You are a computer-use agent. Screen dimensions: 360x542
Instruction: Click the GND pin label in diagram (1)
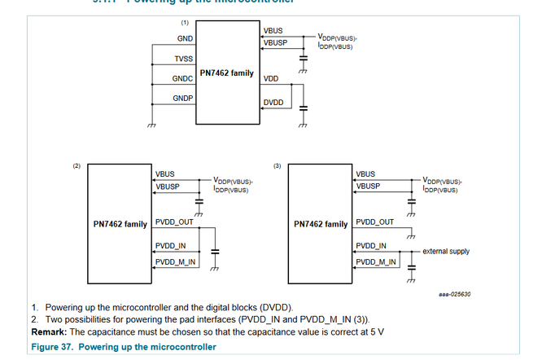point(185,39)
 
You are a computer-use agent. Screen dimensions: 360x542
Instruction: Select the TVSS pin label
point(183,59)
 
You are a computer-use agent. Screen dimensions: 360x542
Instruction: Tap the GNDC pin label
point(182,79)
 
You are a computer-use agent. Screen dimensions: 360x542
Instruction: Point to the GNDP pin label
point(182,99)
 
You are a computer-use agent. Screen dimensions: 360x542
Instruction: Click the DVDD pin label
point(273,103)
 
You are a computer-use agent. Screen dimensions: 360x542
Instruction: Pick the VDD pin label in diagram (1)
point(271,79)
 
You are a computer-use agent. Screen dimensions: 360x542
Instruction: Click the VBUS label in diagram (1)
point(273,31)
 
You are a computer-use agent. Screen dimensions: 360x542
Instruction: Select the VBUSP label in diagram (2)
point(167,187)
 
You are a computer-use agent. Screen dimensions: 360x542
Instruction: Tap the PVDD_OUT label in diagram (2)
point(174,222)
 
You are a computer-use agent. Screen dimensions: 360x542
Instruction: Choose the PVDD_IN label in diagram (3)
point(370,245)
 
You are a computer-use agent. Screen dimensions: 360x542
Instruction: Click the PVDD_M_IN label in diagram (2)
point(175,261)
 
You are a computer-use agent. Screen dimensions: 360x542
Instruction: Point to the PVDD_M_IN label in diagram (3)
point(375,261)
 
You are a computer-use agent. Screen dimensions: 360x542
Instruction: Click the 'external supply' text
point(445,252)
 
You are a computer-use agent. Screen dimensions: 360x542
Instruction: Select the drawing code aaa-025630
point(455,294)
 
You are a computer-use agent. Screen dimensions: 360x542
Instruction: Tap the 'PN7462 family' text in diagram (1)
point(226,74)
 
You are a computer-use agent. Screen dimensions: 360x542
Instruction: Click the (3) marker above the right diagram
point(277,166)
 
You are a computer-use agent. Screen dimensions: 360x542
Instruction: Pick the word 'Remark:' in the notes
point(50,331)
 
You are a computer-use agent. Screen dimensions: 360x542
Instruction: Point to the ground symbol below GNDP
point(151,125)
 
